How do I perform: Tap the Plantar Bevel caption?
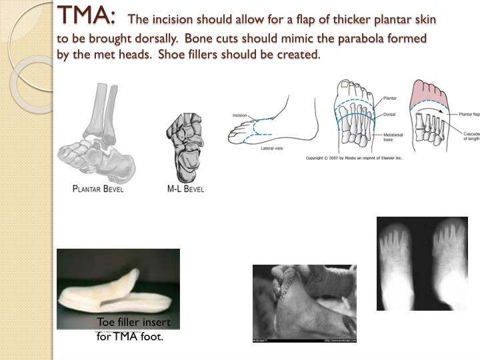(98, 189)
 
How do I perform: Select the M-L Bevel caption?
(185, 189)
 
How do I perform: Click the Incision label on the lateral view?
(240, 115)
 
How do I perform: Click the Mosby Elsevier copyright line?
(354, 158)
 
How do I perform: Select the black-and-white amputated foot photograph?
(304, 303)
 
